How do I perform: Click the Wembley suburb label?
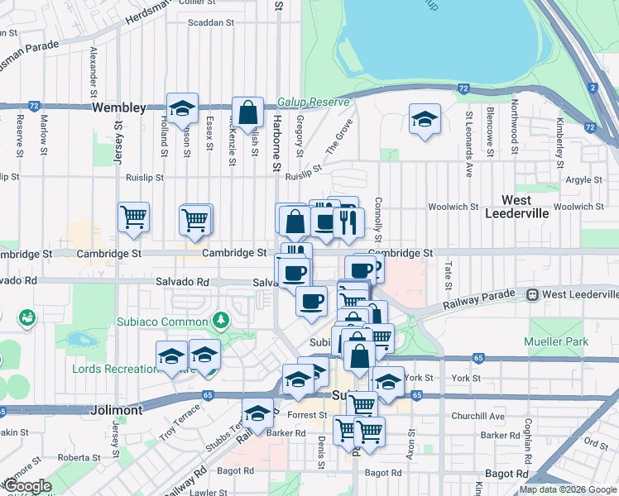pyautogui.click(x=119, y=108)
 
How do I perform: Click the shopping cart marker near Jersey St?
pyautogui.click(x=133, y=218)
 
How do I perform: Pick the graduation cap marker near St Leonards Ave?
pyautogui.click(x=425, y=120)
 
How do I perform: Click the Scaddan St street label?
pyautogui.click(x=211, y=24)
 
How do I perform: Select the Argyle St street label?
pyautogui.click(x=583, y=179)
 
